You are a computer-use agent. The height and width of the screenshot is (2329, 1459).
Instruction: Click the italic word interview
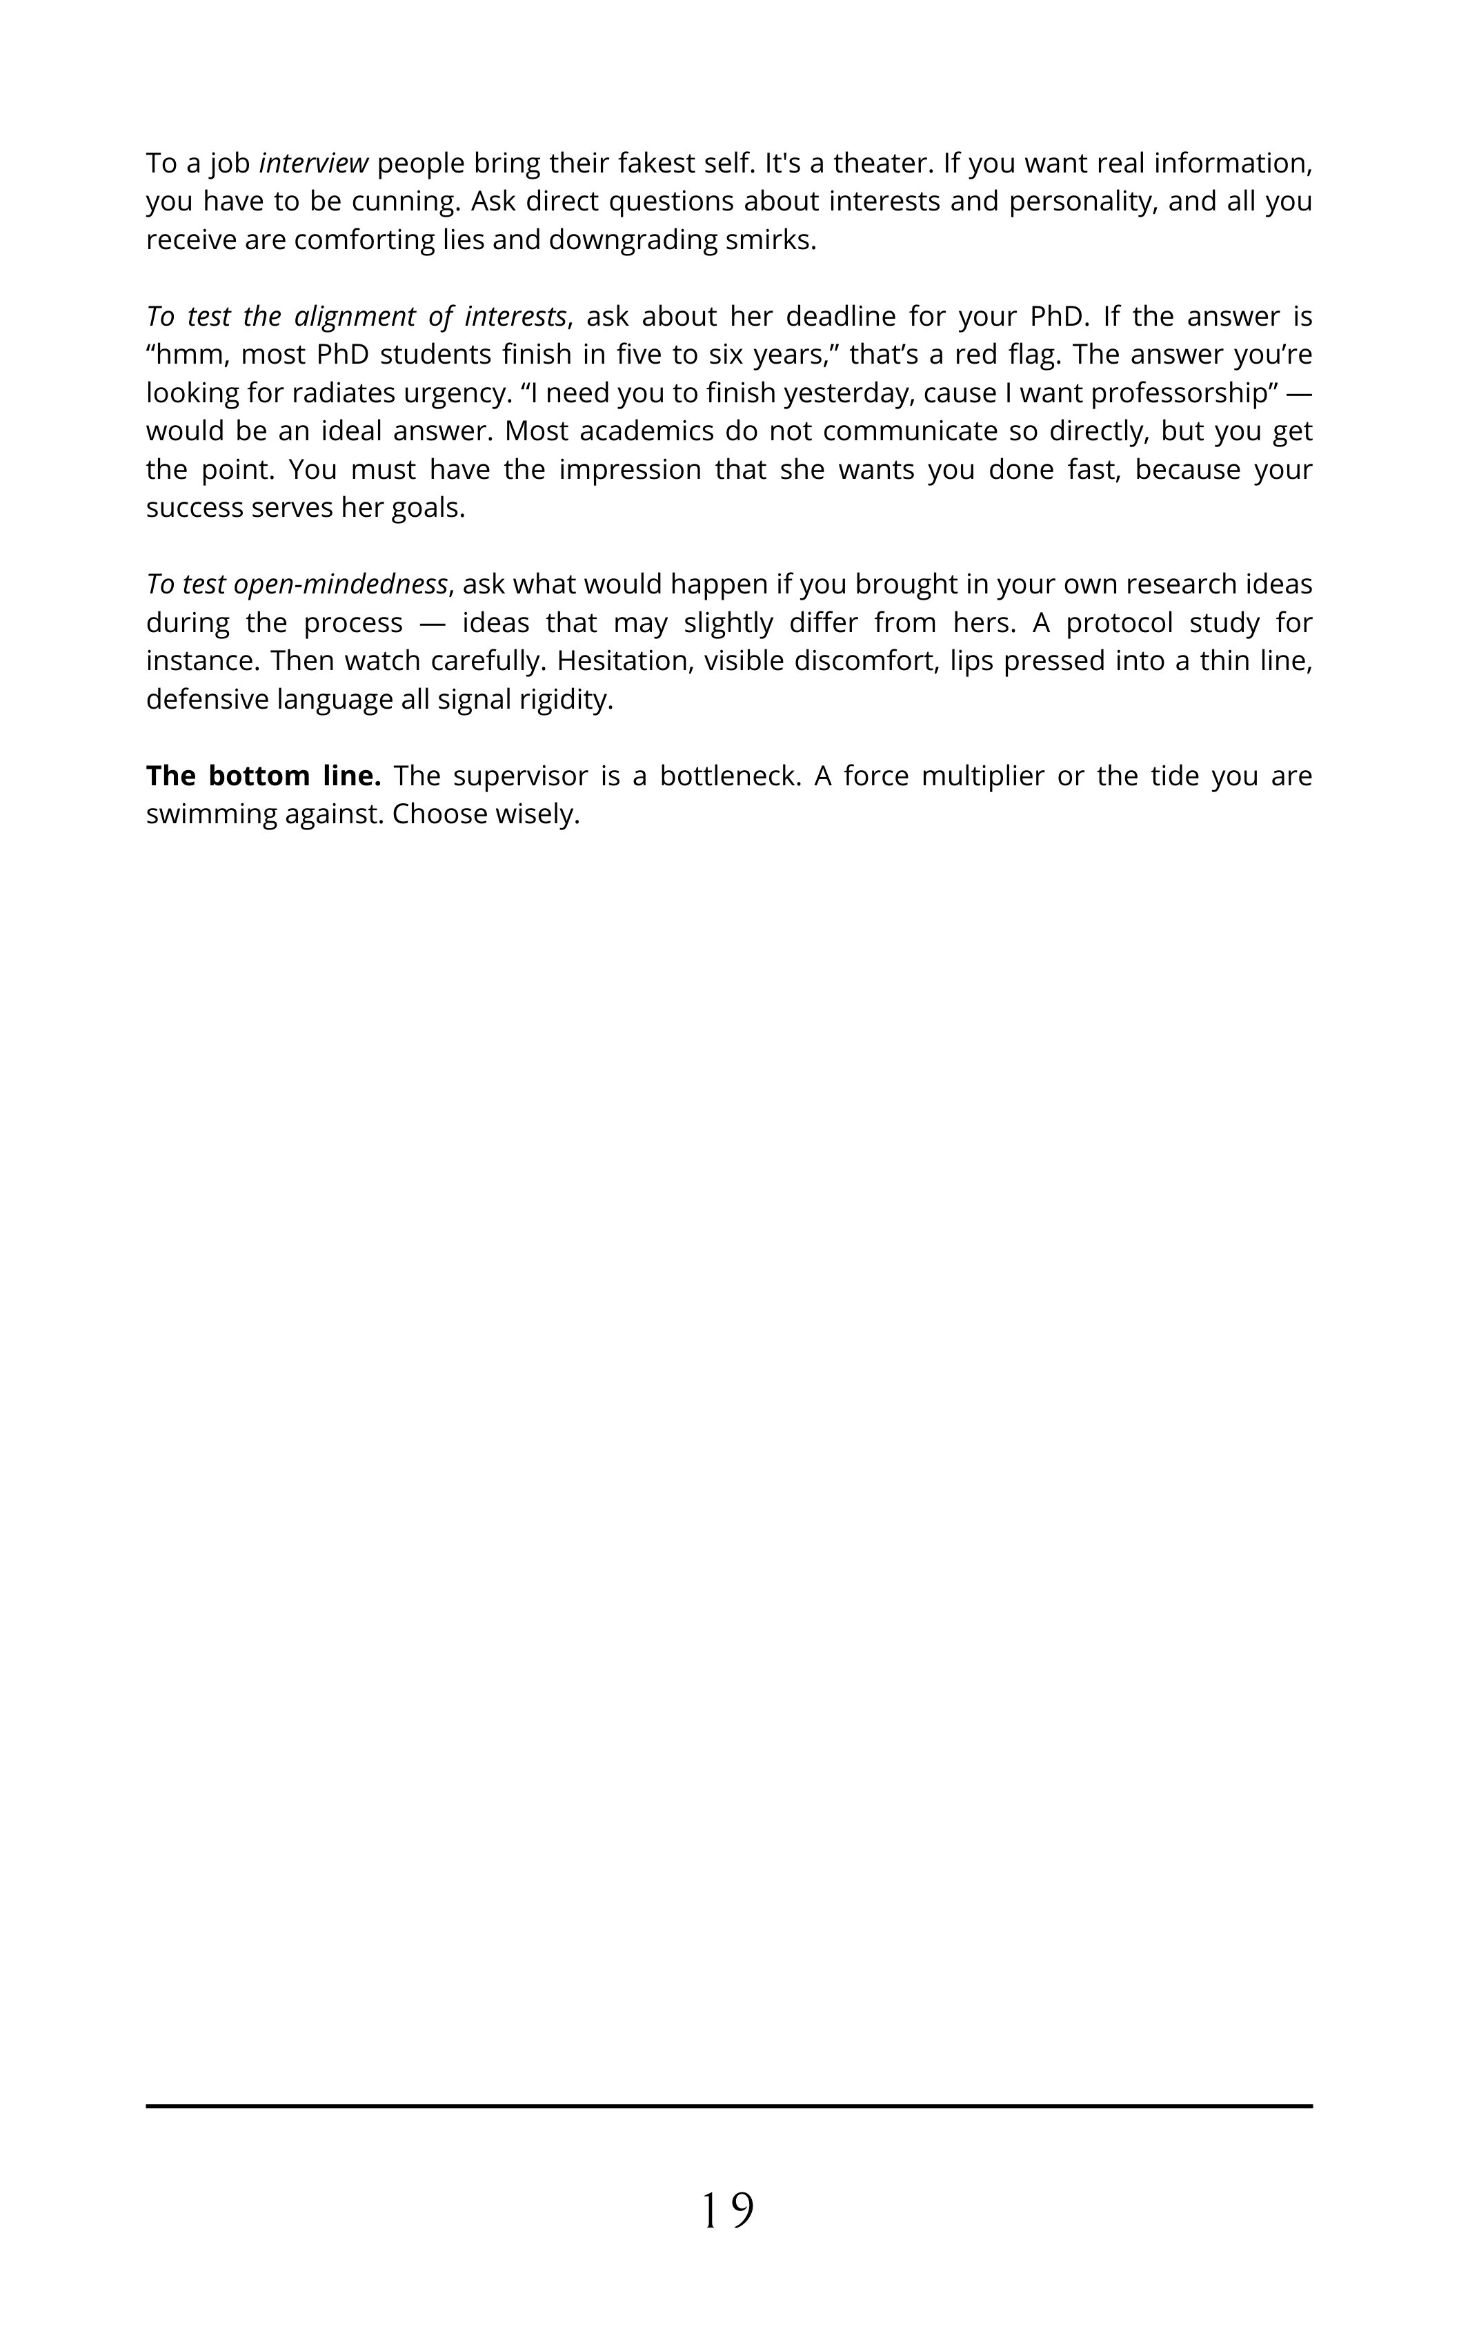(x=314, y=163)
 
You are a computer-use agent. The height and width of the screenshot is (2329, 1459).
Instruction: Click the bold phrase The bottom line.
(x=264, y=776)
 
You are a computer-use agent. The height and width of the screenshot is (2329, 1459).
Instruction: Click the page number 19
(x=728, y=2210)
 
